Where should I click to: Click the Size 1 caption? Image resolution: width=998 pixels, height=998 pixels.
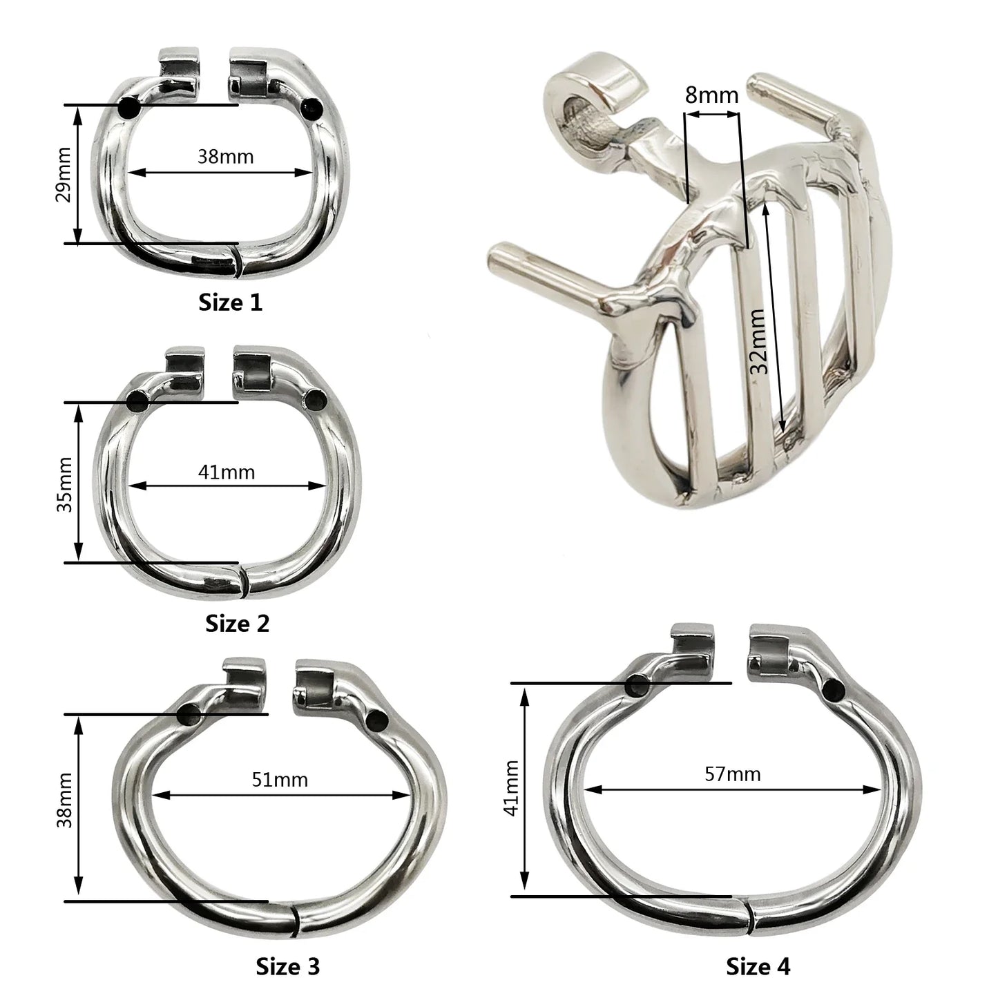[x=231, y=303]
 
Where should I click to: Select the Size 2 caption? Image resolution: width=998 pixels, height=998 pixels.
[x=238, y=624]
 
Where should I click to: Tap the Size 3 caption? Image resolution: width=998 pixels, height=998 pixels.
[x=288, y=966]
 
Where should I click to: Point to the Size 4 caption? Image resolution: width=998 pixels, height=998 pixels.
[x=758, y=966]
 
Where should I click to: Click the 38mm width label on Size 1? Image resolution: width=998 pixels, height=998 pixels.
[x=226, y=157]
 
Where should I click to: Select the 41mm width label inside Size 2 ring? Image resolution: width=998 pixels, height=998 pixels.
[x=227, y=472]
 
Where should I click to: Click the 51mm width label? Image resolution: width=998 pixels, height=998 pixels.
[x=280, y=780]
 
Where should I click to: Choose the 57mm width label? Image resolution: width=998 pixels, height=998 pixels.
[x=733, y=774]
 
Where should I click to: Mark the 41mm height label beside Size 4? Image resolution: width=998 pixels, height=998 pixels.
[x=512, y=788]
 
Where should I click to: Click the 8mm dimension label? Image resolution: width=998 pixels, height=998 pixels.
[x=711, y=95]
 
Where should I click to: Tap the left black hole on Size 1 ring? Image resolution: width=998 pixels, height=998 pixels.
[x=128, y=108]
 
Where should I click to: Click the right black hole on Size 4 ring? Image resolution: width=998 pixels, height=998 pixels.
[x=834, y=689]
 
